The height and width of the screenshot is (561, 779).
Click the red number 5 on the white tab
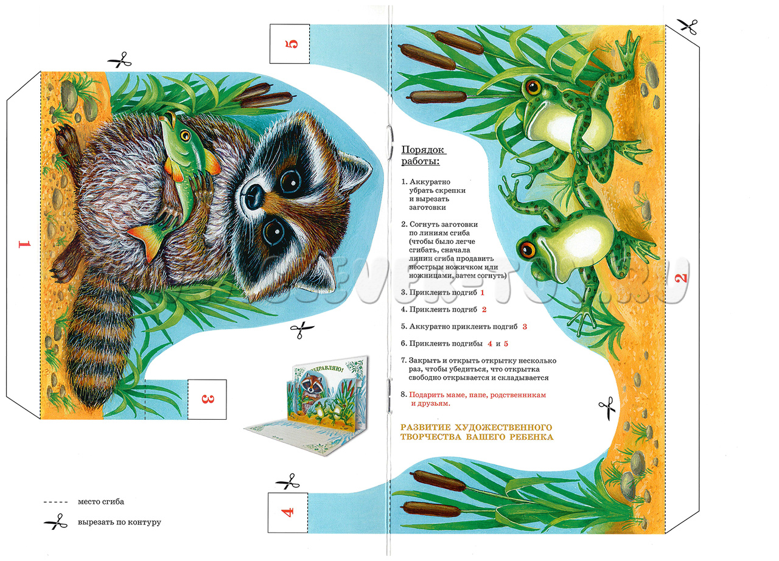click(x=292, y=44)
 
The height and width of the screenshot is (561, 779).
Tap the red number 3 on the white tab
click(x=208, y=399)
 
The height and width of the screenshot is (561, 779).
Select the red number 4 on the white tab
click(x=288, y=512)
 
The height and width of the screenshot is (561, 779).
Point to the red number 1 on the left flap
click(x=25, y=244)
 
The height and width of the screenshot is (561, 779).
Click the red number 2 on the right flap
click(x=682, y=277)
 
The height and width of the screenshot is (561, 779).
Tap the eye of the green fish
click(x=186, y=135)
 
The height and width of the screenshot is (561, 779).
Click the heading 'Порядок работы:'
click(x=424, y=155)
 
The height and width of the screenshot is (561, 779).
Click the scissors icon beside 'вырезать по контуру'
click(x=55, y=521)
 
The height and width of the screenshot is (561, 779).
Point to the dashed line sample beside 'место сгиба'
click(x=55, y=502)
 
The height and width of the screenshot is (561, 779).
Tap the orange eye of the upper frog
click(x=533, y=87)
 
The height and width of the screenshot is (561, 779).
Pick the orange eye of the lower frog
click(x=526, y=248)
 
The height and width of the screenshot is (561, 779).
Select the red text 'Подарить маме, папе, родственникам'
click(x=478, y=395)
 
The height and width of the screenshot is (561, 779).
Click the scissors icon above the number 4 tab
click(x=288, y=481)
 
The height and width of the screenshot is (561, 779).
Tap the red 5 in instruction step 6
click(x=506, y=344)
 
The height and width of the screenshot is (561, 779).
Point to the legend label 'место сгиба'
click(x=101, y=501)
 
